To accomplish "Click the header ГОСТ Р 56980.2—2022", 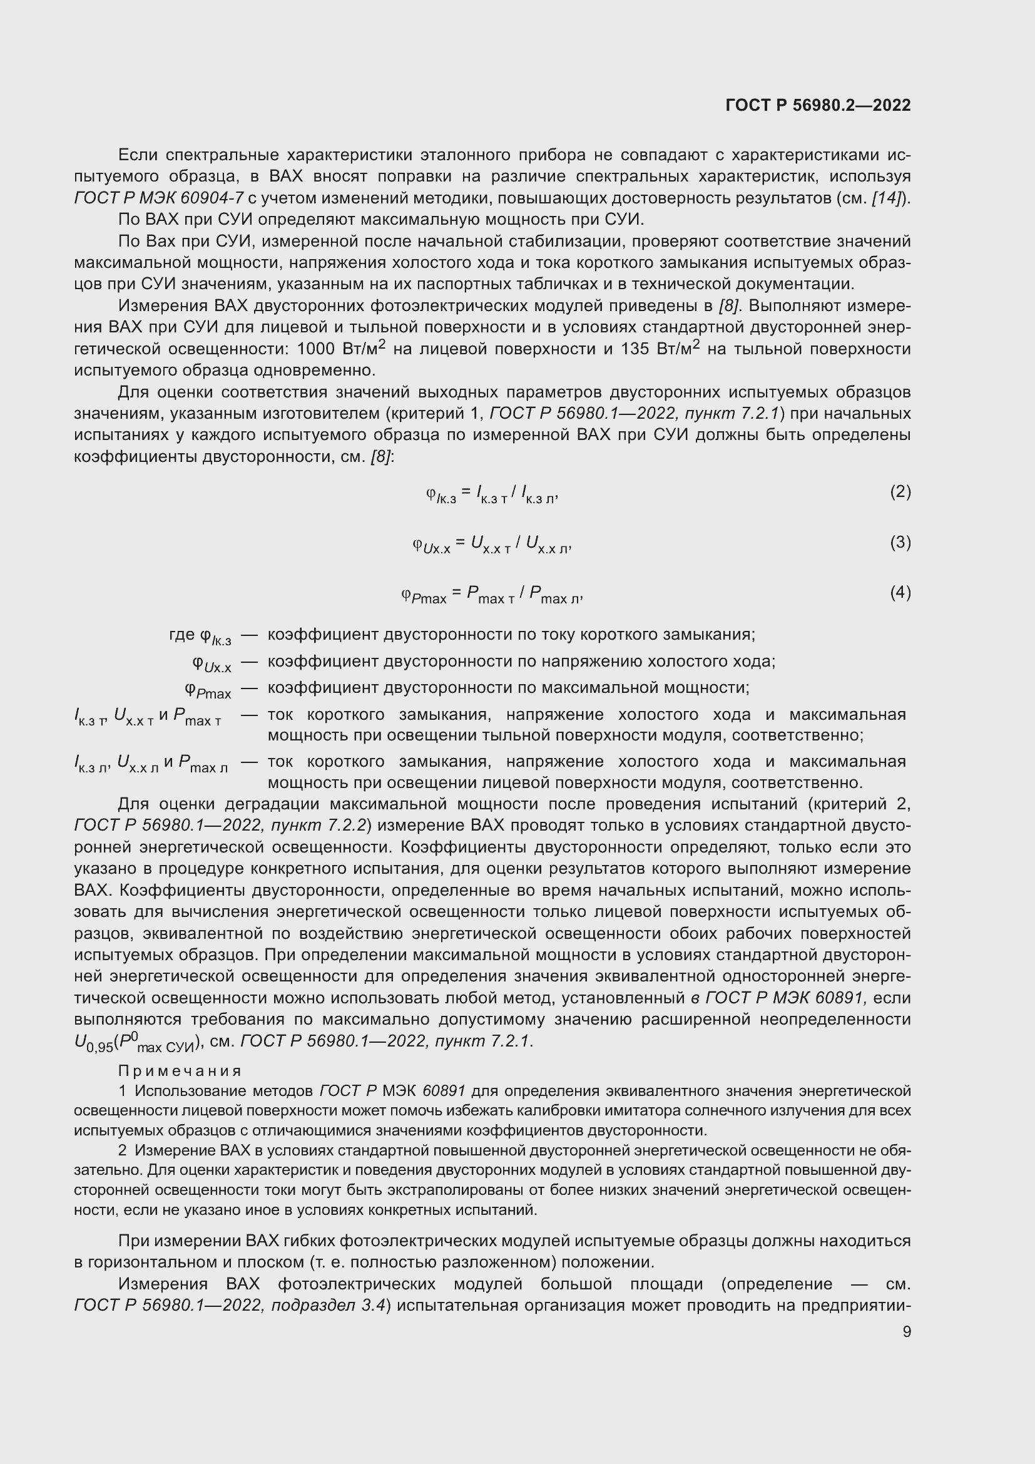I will click(x=818, y=105).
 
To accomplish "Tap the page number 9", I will click(x=906, y=1331).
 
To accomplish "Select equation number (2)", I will click(x=900, y=491).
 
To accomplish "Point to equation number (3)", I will click(x=900, y=542).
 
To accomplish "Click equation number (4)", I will click(x=900, y=592).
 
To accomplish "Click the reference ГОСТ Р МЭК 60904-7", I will click(x=159, y=198).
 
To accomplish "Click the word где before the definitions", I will click(x=182, y=635).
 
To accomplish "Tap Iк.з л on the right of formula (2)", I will click(x=538, y=494).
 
